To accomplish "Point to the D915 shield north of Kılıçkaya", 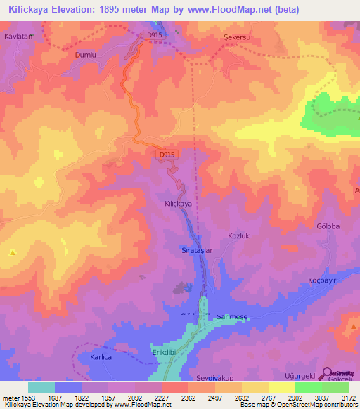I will tap(167, 154).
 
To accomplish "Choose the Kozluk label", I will tap(240, 236).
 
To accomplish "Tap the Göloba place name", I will tap(328, 227).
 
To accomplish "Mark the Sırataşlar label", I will tap(188, 249).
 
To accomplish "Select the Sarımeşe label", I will tap(233, 318).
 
